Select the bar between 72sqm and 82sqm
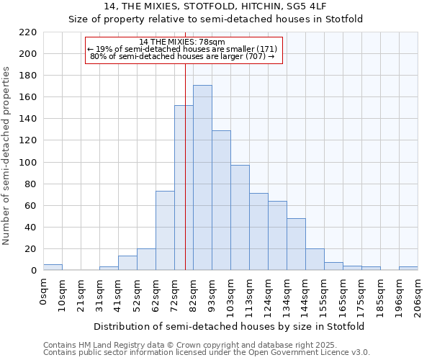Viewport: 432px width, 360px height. click(184, 188)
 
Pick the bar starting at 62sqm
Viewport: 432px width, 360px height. click(165, 230)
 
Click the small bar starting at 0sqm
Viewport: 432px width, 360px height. click(53, 267)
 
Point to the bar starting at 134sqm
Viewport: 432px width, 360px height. click(296, 244)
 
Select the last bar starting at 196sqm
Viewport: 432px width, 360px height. click(408, 268)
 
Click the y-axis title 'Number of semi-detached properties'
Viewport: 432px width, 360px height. click(7, 156)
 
